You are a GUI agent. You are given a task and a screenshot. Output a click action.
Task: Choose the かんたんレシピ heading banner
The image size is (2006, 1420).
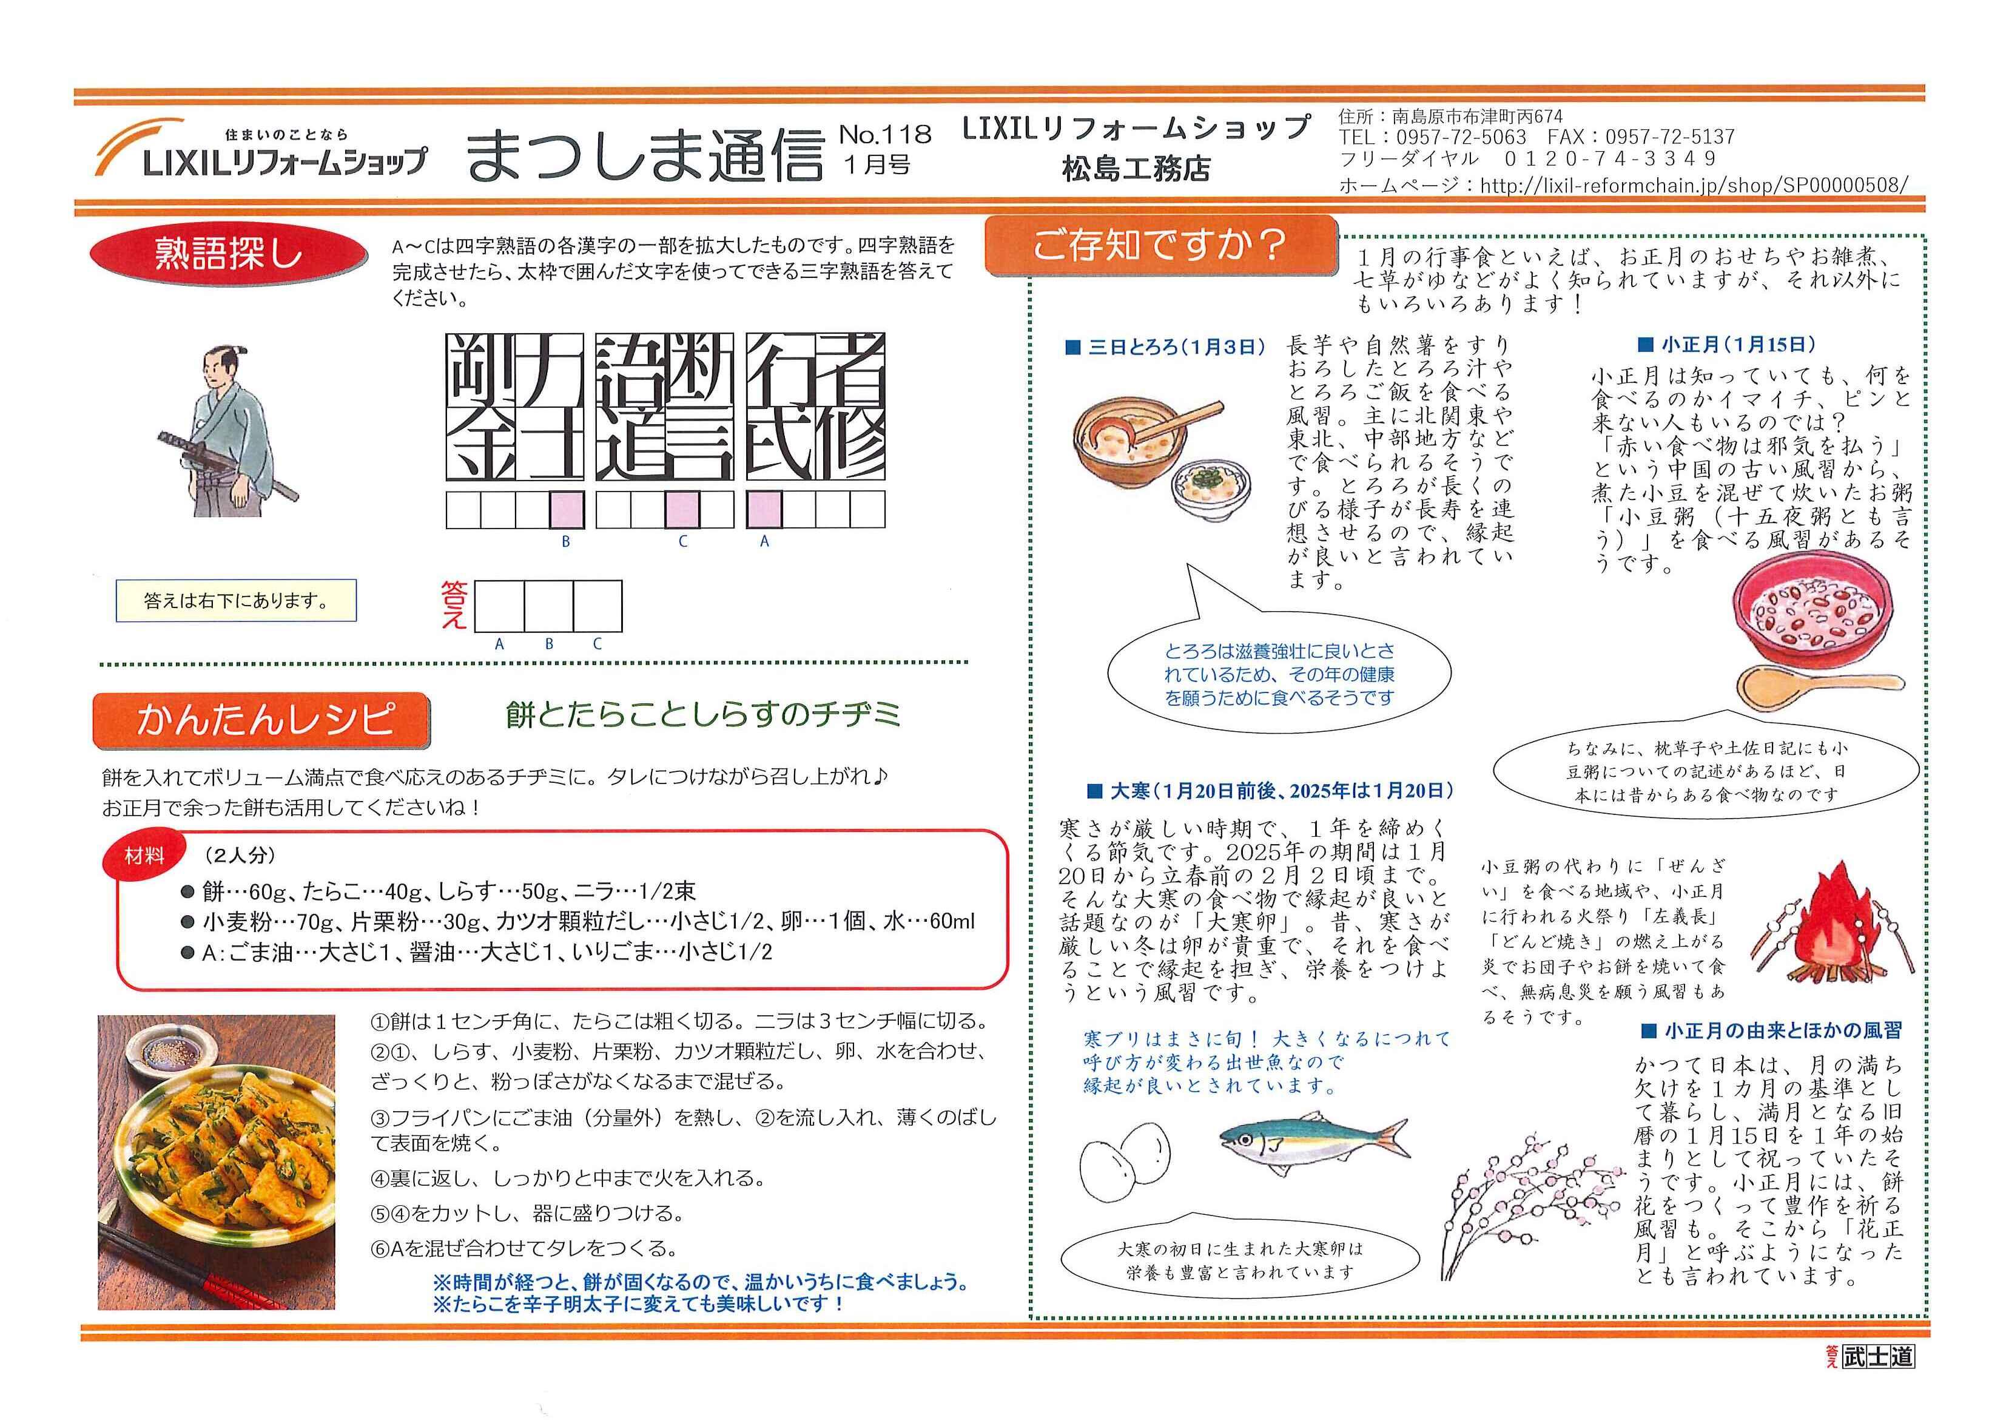pos(260,720)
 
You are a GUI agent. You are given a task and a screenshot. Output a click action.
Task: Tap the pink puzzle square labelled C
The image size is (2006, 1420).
pos(682,509)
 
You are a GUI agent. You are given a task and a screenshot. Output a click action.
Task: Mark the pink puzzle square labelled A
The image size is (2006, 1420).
pos(764,509)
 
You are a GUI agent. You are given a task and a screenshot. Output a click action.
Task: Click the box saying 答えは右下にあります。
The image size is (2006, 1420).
pos(236,601)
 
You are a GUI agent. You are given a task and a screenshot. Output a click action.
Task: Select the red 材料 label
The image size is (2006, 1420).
pos(145,856)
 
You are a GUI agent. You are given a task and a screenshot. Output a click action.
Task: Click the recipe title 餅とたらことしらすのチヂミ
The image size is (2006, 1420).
pos(703,715)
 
